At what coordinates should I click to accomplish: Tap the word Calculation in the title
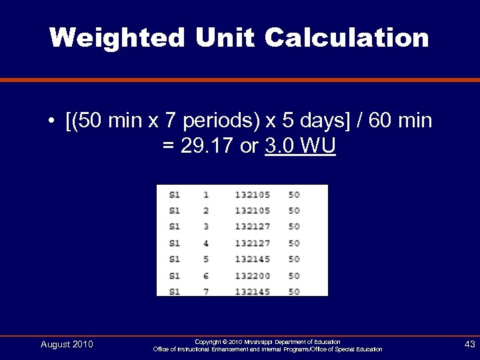tap(347, 37)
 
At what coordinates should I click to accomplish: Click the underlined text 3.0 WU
tap(300, 146)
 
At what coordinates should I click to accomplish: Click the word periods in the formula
tap(213, 122)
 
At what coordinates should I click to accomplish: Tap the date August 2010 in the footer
tap(67, 345)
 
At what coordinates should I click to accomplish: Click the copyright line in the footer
tap(267, 341)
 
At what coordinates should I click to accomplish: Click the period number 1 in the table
tap(206, 195)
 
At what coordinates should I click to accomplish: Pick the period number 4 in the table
tap(206, 243)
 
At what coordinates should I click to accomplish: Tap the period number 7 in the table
tap(206, 291)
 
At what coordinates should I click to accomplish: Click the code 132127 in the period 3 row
tap(252, 227)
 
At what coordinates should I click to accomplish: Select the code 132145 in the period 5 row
tap(252, 259)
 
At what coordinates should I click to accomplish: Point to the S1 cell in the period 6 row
tap(175, 275)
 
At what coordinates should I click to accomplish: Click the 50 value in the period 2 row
tap(294, 211)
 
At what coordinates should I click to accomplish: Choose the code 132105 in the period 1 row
tap(252, 195)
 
